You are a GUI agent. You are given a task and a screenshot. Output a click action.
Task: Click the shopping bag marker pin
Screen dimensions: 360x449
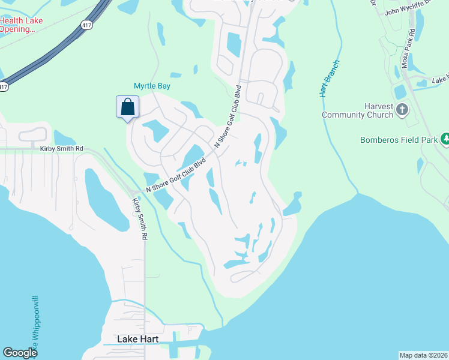click(127, 108)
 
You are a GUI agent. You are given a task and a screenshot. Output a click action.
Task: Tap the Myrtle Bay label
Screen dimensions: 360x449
click(152, 86)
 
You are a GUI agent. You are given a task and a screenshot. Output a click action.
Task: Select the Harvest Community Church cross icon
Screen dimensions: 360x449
click(403, 110)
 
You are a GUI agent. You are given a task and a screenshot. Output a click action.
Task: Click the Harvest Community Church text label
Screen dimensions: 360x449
click(357, 110)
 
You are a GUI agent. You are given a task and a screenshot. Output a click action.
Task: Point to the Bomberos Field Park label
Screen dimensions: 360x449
click(398, 140)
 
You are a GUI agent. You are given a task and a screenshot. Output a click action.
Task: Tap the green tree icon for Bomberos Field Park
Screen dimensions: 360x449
click(445, 139)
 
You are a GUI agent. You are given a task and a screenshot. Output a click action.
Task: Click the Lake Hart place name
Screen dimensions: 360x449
click(137, 340)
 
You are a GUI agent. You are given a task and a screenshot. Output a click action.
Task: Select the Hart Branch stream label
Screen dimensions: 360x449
click(330, 79)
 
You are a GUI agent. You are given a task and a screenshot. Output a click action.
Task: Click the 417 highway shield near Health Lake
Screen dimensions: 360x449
click(86, 25)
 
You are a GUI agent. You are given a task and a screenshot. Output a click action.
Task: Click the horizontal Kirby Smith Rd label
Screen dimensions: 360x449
click(61, 149)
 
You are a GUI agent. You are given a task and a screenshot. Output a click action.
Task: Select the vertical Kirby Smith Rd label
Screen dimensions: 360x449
click(140, 218)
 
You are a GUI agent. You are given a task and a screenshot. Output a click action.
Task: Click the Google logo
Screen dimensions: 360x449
click(20, 353)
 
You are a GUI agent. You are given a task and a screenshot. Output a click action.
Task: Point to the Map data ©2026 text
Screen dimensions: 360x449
click(424, 355)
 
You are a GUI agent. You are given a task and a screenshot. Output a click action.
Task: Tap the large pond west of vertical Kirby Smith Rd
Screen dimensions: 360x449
click(106, 198)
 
